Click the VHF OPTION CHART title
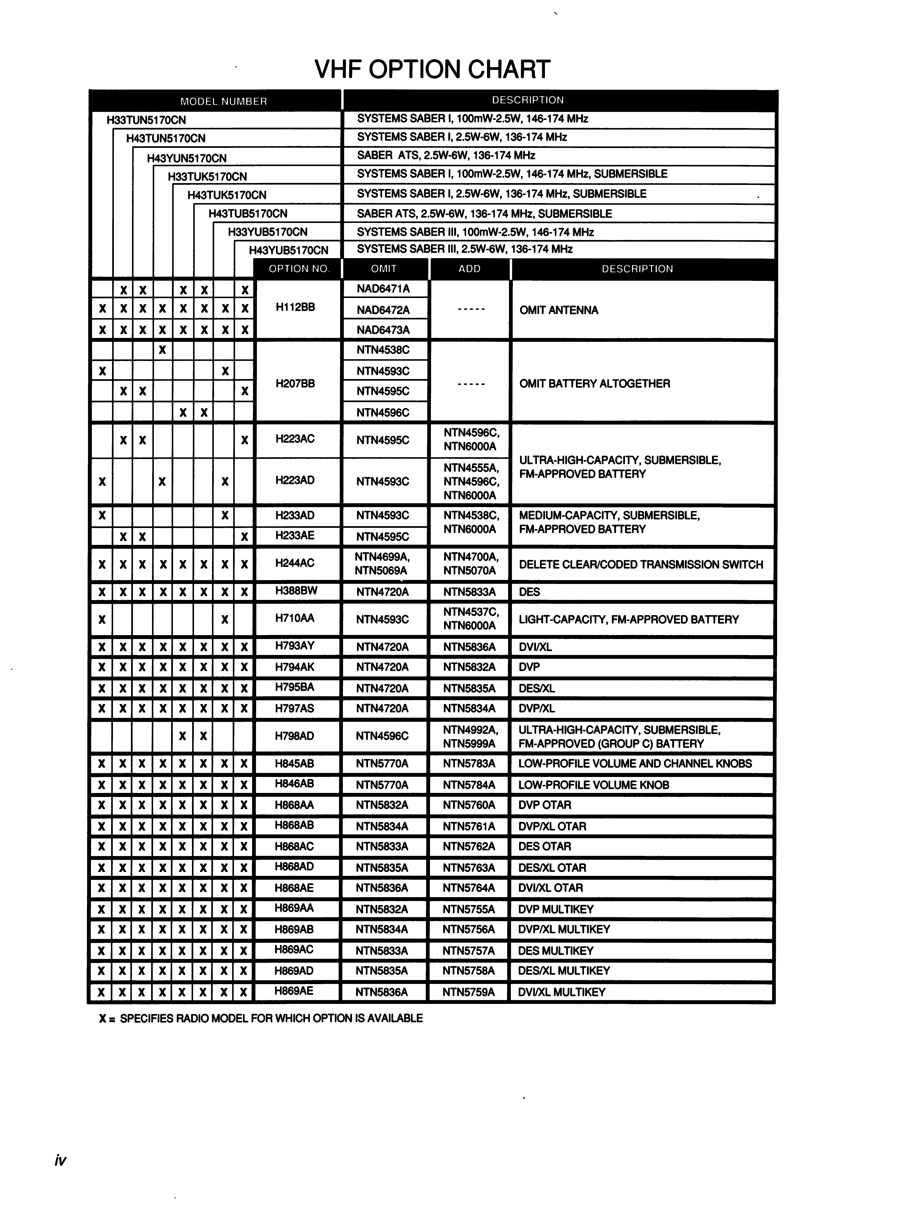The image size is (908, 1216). pos(432,69)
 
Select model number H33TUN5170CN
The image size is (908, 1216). pos(146,120)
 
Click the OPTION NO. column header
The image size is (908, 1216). pos(299,269)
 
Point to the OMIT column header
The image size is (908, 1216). pos(383,269)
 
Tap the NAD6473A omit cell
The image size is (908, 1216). pos(383,330)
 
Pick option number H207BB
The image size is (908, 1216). pos(295,383)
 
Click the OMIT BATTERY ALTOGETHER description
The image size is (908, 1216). pos(594,384)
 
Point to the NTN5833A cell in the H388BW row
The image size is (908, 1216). pos(469,592)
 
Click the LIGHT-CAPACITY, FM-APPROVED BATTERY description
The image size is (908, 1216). pos(628,620)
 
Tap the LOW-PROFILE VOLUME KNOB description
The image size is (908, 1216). pos(593,785)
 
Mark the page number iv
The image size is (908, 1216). pos(60,1160)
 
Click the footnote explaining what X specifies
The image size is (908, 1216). pos(261,1018)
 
